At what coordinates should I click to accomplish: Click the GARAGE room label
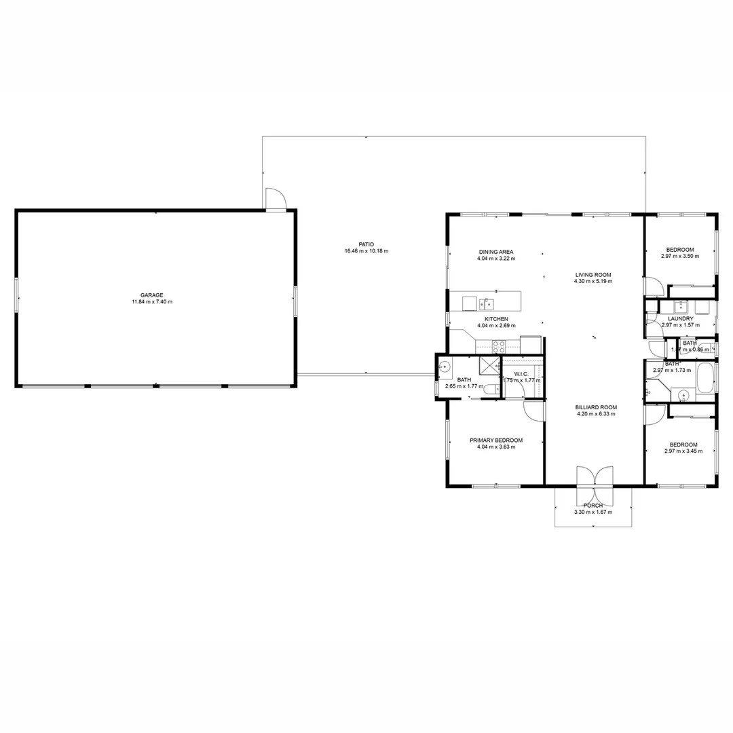tap(151, 295)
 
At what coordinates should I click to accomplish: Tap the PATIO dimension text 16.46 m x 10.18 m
tap(366, 251)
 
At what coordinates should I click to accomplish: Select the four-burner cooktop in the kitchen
tap(499, 345)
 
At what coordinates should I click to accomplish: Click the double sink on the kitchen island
tap(486, 303)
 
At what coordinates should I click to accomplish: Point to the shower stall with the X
tap(489, 366)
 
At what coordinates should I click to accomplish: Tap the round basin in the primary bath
tap(445, 369)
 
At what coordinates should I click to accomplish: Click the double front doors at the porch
tap(594, 477)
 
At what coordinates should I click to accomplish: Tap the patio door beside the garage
tap(276, 200)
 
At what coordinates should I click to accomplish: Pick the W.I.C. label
tap(521, 374)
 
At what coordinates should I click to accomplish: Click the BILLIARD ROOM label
tap(596, 407)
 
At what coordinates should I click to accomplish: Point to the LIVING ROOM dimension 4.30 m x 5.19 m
tap(593, 281)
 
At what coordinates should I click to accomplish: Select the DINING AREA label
tap(495, 252)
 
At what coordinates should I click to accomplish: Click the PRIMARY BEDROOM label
tap(496, 440)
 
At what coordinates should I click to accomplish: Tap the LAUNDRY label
tap(680, 318)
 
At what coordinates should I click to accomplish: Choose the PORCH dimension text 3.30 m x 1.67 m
tap(593, 512)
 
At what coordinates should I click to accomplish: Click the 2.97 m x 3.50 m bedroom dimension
tap(679, 257)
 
